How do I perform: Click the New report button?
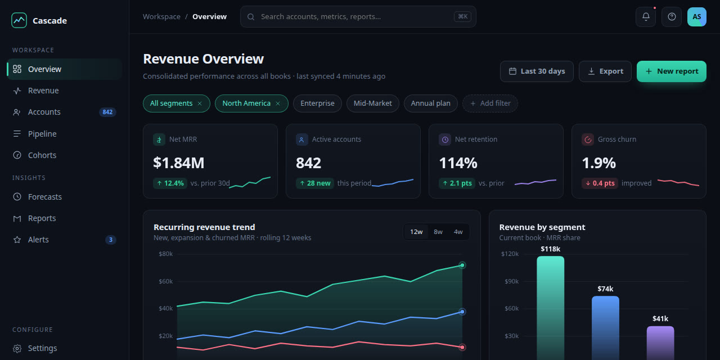pyautogui.click(x=672, y=71)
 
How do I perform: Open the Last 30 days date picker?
pyautogui.click(x=537, y=71)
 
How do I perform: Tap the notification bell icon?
pyautogui.click(x=646, y=17)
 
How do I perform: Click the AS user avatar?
pyautogui.click(x=697, y=17)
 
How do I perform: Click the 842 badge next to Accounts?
pyautogui.click(x=107, y=112)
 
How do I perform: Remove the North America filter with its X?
pyautogui.click(x=278, y=103)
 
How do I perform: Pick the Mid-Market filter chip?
pyautogui.click(x=373, y=103)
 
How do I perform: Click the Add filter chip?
pyautogui.click(x=490, y=103)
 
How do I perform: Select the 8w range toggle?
pyautogui.click(x=438, y=232)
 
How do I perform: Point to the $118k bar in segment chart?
pyautogui.click(x=551, y=308)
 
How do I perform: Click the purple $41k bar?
pyautogui.click(x=660, y=343)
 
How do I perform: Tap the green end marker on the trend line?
pyautogui.click(x=462, y=265)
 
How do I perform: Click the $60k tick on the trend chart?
pyautogui.click(x=165, y=281)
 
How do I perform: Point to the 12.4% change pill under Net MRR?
pyautogui.click(x=170, y=183)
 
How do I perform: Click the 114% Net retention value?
pyautogui.click(x=458, y=163)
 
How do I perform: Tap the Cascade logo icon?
pyautogui.click(x=19, y=20)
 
